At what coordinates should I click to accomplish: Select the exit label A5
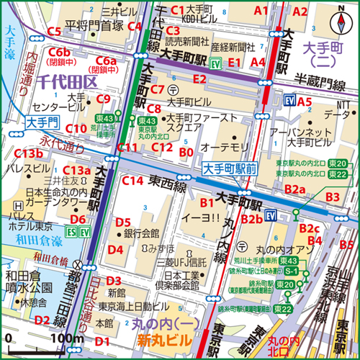[x=305, y=102]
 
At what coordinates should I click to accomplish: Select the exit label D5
[x=123, y=222]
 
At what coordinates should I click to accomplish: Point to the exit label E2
[x=199, y=78]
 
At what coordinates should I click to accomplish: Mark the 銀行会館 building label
[x=141, y=233]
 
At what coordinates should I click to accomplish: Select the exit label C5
[x=53, y=31]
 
